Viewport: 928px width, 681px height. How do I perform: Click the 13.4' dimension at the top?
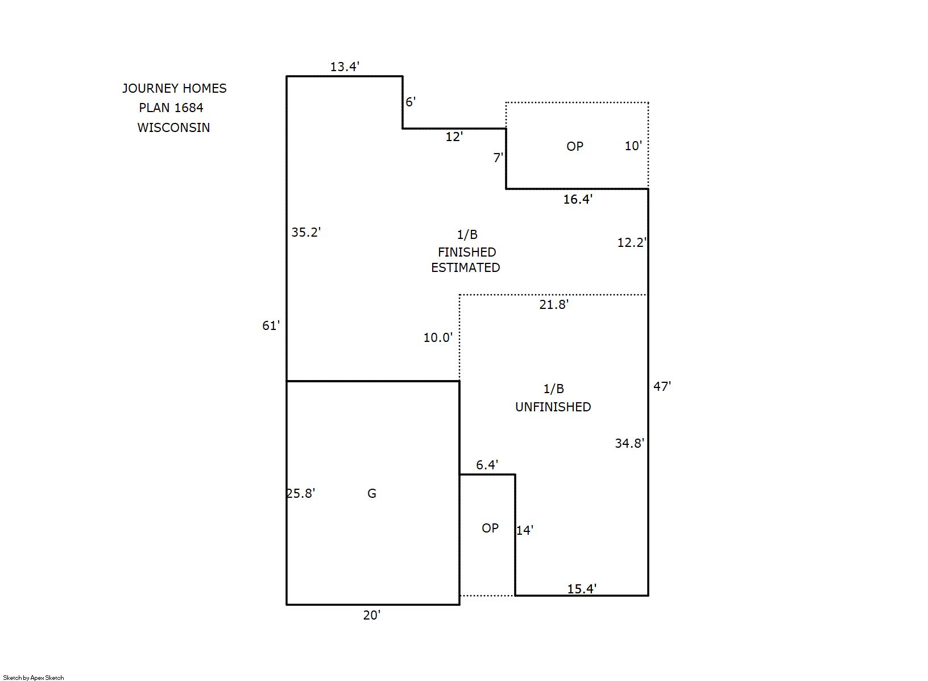[x=344, y=67]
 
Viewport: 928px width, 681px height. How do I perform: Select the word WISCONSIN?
[x=173, y=127]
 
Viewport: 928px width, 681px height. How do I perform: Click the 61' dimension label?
[x=271, y=325]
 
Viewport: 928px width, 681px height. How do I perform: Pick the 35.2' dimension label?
[x=306, y=232]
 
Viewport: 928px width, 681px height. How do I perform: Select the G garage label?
[x=372, y=493]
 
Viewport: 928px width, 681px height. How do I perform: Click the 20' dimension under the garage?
[x=372, y=615]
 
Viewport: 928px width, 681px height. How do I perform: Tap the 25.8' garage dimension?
[x=301, y=493]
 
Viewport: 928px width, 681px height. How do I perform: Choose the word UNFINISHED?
[x=553, y=407]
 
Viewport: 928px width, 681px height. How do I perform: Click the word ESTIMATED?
[x=466, y=268]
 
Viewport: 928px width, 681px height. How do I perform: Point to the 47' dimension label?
[x=662, y=386]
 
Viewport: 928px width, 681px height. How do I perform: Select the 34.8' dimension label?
[x=629, y=444]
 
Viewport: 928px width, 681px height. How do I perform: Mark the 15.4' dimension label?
[x=582, y=589]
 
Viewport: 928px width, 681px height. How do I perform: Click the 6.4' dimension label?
[x=487, y=465]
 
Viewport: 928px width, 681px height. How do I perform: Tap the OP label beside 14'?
[x=490, y=528]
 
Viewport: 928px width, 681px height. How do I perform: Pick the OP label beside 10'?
[x=575, y=146]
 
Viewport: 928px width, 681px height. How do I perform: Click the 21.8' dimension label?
[x=554, y=304]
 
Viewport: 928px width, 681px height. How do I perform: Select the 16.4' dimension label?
[x=578, y=199]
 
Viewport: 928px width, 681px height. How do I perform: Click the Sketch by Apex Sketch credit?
[x=34, y=678]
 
